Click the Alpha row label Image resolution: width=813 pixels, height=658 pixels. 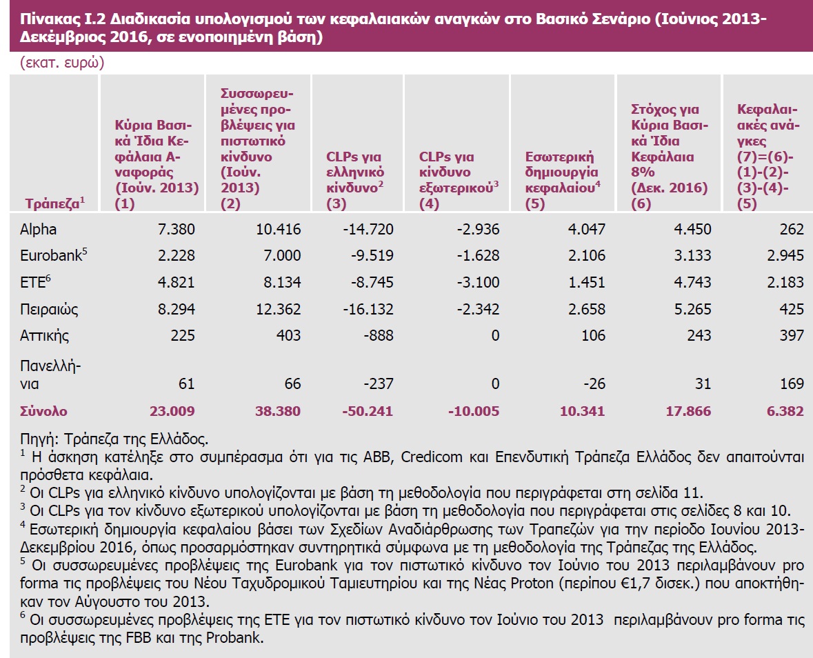pyautogui.click(x=39, y=230)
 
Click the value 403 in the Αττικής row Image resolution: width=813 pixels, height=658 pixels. pyautogui.click(x=288, y=335)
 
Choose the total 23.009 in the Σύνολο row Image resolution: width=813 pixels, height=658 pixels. pyautogui.click(x=172, y=411)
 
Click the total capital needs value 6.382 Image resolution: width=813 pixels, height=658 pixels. pyautogui.click(x=785, y=411)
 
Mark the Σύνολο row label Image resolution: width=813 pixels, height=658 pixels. pyautogui.click(x=44, y=411)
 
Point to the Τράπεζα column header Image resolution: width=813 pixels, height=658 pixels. pyautogui.click(x=54, y=203)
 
